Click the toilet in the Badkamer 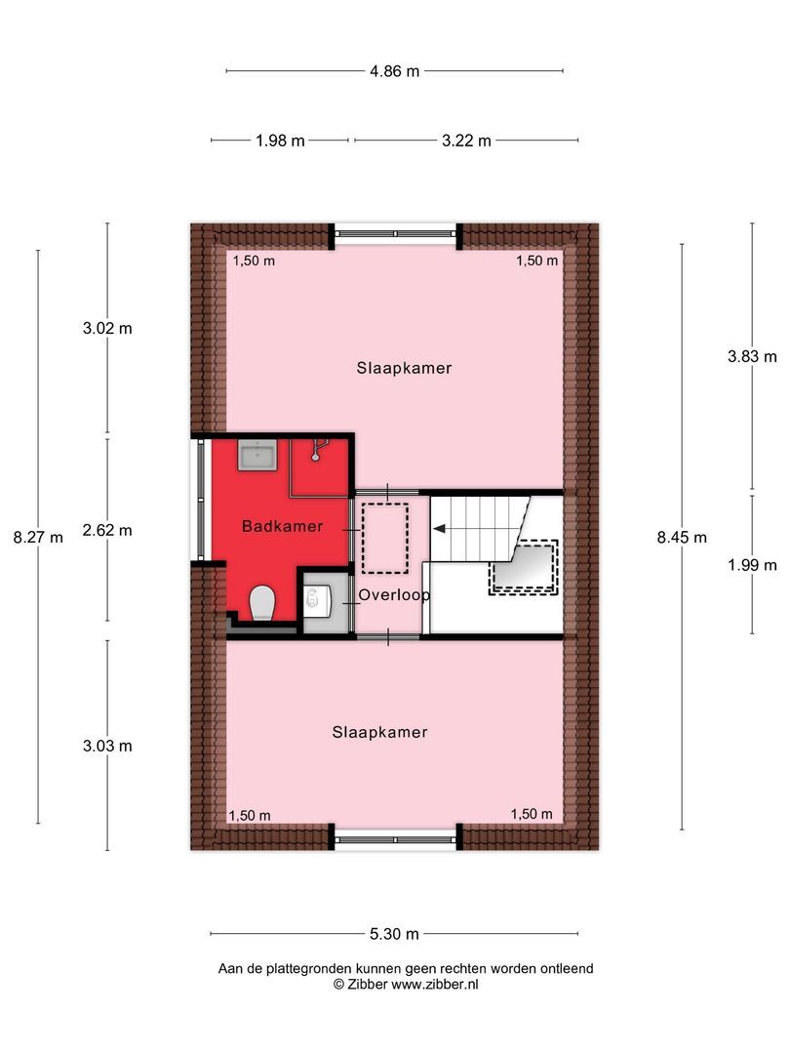pyautogui.click(x=261, y=603)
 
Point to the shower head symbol pyautogui.click(x=317, y=451)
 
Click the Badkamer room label pyautogui.click(x=283, y=526)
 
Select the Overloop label pyautogui.click(x=394, y=594)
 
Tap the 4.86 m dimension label pyautogui.click(x=394, y=70)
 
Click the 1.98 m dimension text pyautogui.click(x=280, y=141)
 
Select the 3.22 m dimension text pyautogui.click(x=466, y=141)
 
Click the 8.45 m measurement pyautogui.click(x=682, y=537)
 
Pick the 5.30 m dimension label pyautogui.click(x=394, y=934)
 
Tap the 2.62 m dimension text pyautogui.click(x=107, y=531)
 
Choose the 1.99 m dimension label pyautogui.click(x=752, y=565)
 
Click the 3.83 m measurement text pyautogui.click(x=752, y=356)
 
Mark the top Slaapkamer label pyautogui.click(x=404, y=368)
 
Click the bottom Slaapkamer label pyautogui.click(x=379, y=732)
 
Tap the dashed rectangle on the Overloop pyautogui.click(x=384, y=537)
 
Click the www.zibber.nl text pyautogui.click(x=434, y=985)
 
